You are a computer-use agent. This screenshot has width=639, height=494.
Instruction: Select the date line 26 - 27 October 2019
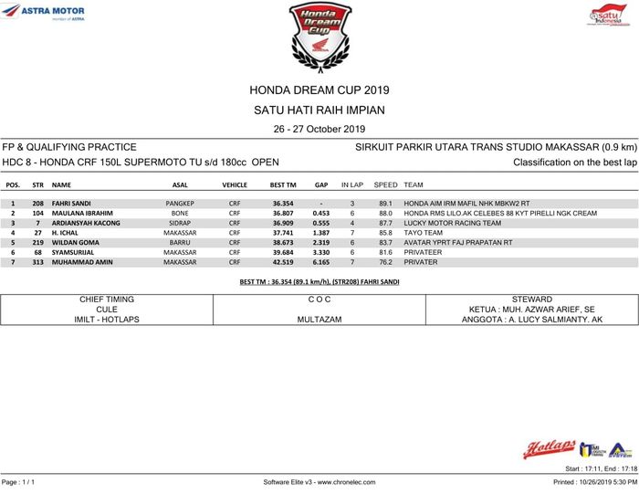pos(319,129)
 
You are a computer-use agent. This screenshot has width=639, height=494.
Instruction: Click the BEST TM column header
pos(283,184)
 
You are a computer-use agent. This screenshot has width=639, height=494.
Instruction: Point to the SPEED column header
pos(385,184)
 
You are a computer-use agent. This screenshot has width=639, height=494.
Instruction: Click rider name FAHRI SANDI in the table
pos(71,203)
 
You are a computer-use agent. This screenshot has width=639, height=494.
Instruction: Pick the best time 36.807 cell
pos(283,213)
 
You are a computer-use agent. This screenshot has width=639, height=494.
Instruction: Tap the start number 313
pos(38,262)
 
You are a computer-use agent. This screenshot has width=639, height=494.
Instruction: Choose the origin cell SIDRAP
pos(180,223)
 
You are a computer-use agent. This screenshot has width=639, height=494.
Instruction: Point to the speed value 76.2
pos(385,262)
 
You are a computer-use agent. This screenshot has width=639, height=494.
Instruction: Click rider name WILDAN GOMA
pos(75,243)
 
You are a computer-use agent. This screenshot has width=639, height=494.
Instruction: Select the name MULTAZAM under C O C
pos(319,321)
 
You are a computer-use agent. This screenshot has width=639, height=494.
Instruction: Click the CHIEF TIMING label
pos(107,300)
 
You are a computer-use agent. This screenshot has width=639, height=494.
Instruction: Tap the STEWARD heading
pos(531,300)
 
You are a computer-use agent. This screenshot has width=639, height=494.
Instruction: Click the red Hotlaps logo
pos(549,448)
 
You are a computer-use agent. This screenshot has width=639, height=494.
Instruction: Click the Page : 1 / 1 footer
pos(18,481)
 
